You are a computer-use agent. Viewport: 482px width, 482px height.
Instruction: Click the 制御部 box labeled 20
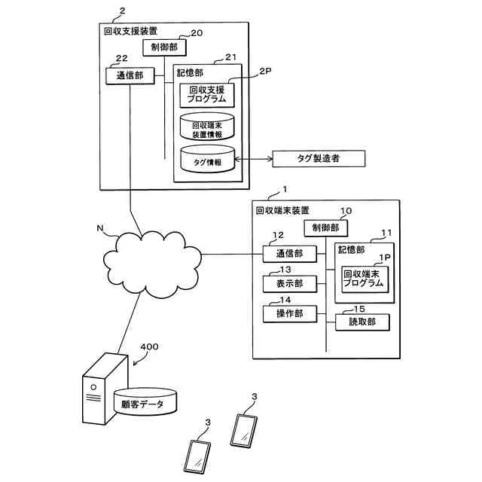pyautogui.click(x=164, y=47)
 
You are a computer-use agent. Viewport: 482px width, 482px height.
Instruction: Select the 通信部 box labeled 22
pyautogui.click(x=124, y=75)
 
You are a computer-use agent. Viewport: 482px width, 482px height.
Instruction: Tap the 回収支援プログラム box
pyautogui.click(x=206, y=95)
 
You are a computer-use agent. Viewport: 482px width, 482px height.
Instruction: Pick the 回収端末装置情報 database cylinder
pyautogui.click(x=206, y=127)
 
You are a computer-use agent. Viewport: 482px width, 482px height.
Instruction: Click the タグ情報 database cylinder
pyautogui.click(x=206, y=159)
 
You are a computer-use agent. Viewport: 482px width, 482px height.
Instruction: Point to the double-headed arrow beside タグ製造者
pyautogui.click(x=254, y=158)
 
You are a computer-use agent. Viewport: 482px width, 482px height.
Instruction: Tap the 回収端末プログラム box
pyautogui.click(x=363, y=279)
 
